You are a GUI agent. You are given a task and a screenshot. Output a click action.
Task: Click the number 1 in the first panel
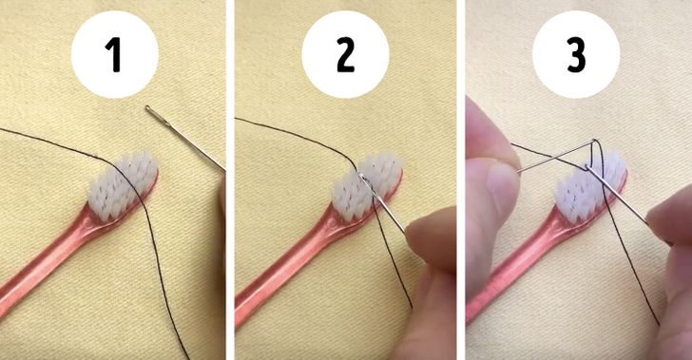tap(113, 55)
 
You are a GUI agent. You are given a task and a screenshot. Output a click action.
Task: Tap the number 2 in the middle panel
tap(346, 55)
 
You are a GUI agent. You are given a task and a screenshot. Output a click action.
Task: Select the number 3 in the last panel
tap(576, 55)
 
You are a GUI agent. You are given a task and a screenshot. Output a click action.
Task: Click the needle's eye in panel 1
tap(152, 111)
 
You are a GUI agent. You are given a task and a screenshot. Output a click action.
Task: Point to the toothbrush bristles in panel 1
tap(123, 184)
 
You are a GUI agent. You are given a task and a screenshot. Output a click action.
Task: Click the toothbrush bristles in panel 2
tap(367, 185)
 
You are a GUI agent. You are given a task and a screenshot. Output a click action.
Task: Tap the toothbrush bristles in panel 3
tap(590, 186)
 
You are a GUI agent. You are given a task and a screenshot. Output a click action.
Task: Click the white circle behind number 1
tap(115, 55)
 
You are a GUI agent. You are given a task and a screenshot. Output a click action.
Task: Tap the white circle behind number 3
tap(576, 55)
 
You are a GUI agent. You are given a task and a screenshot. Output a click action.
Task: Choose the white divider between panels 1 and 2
tap(230, 180)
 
